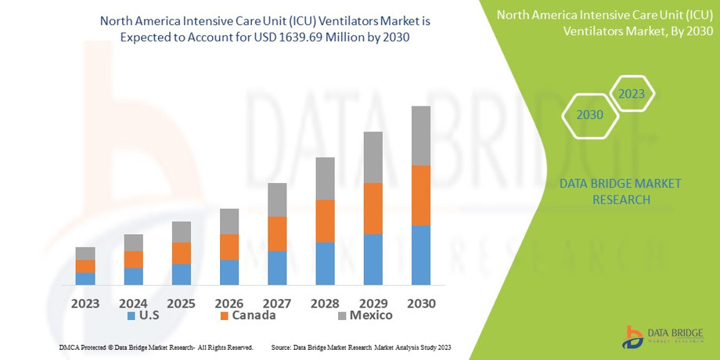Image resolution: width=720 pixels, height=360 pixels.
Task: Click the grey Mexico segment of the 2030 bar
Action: [421, 135]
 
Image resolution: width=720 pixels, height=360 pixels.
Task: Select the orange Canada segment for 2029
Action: [373, 208]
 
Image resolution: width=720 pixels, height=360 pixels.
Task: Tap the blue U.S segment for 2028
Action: [325, 263]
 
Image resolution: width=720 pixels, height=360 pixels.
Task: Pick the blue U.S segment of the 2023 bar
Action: [85, 278]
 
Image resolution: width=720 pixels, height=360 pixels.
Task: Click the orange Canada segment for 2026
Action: [229, 247]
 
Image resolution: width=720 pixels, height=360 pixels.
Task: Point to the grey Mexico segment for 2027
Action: [277, 200]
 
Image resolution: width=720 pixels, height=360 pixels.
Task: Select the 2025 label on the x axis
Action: [181, 302]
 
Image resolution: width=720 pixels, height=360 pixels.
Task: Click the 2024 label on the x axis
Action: [133, 302]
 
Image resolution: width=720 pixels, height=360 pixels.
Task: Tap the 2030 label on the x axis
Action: [421, 302]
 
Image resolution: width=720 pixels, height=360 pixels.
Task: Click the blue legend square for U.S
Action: [131, 316]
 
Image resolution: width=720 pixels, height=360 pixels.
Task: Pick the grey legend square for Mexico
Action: [341, 316]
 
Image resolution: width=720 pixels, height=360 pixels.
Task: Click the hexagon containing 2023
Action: [632, 94]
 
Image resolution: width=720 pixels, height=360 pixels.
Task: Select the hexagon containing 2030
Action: [590, 115]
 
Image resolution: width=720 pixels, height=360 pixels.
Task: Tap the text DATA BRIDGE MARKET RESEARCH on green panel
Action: [620, 192]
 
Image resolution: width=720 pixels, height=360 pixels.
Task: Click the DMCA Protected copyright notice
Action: [156, 347]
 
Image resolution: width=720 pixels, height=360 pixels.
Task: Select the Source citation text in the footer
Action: [361, 347]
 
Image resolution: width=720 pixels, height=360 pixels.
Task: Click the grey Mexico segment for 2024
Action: [133, 243]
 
